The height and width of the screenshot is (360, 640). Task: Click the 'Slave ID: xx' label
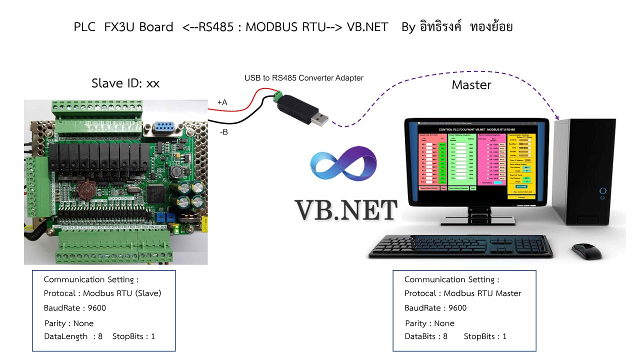point(125,83)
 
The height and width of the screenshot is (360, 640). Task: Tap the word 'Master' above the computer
point(471,85)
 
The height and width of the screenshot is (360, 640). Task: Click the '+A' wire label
point(222,102)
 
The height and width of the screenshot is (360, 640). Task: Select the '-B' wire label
point(223,132)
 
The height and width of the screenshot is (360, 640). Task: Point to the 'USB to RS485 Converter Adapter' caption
point(303,78)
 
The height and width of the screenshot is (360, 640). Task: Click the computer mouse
point(587,251)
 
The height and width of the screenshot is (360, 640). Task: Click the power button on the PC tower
point(603,190)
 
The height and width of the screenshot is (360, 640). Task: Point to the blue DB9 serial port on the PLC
point(163,127)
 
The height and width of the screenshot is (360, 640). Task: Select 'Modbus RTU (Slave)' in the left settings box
point(122,293)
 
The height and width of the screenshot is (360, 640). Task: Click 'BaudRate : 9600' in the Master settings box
point(435,308)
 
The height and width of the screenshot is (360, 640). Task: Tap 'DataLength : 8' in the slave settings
point(73,336)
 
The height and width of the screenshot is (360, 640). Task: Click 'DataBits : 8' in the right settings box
point(426,336)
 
